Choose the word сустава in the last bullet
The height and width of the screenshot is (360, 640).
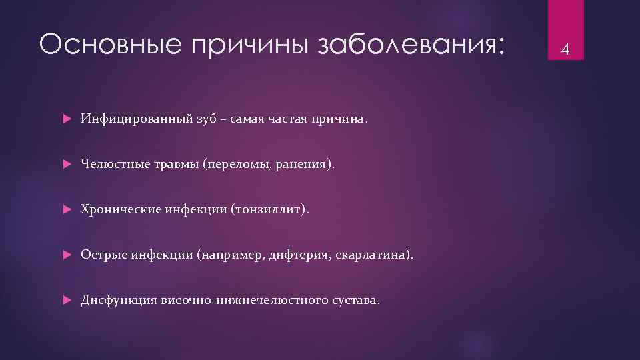[x=355, y=300]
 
